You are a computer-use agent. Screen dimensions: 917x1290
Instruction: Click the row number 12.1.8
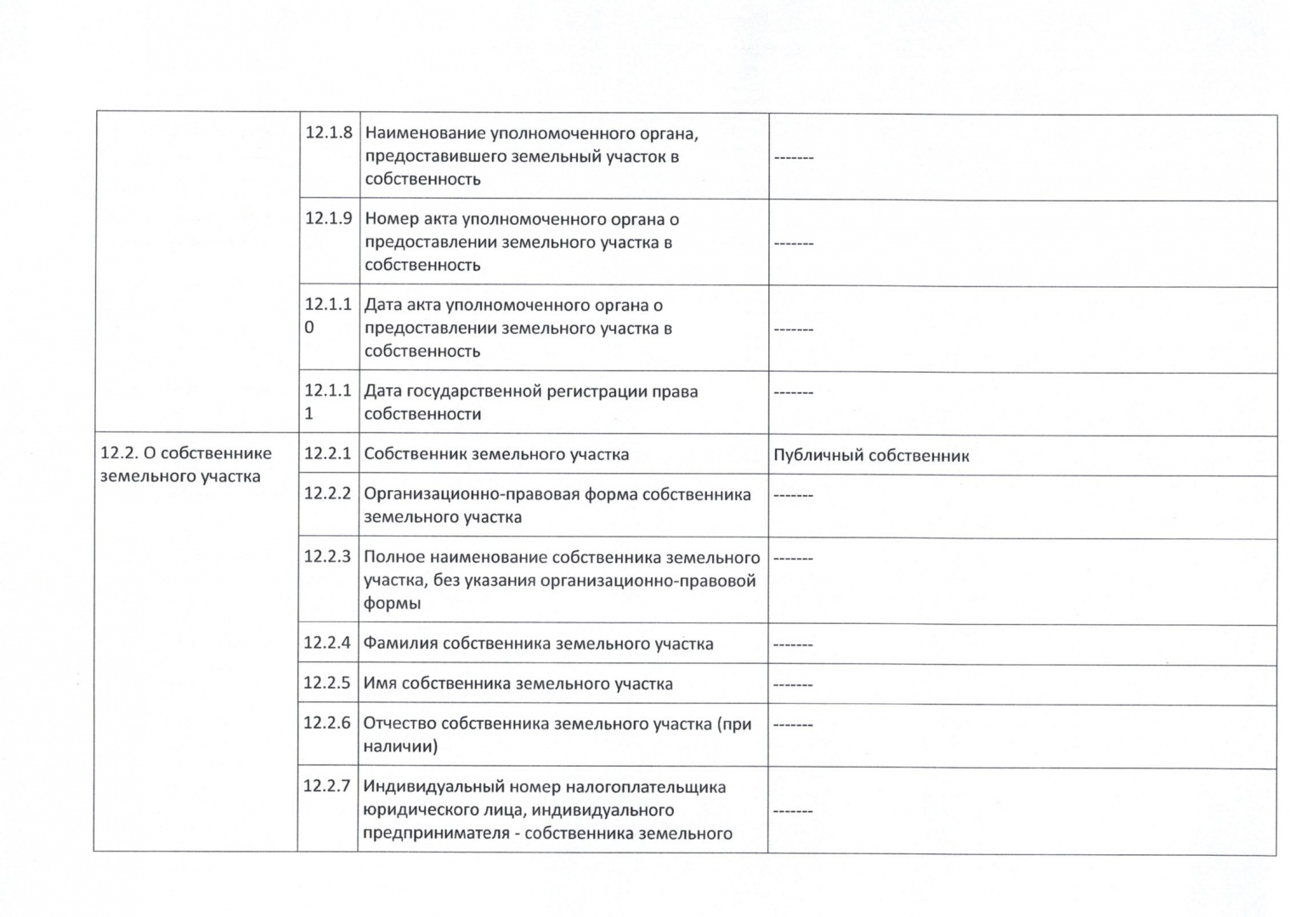[328, 132]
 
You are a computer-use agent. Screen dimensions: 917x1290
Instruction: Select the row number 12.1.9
[328, 218]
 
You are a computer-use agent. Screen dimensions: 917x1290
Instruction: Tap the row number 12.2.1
[327, 453]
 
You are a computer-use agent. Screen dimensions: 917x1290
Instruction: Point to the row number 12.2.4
[327, 643]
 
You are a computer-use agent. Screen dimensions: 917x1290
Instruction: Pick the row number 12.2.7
[327, 786]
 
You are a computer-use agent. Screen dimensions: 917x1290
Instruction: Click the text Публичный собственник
[871, 455]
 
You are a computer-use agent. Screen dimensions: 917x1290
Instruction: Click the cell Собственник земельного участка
[496, 454]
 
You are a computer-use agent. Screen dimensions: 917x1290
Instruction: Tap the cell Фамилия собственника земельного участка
[538, 644]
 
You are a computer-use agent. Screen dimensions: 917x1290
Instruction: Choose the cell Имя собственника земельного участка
[518, 684]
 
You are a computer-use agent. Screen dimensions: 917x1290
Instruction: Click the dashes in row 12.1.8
[793, 158]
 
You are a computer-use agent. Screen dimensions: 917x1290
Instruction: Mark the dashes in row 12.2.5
[792, 684]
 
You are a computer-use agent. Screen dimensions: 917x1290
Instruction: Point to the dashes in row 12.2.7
[792, 811]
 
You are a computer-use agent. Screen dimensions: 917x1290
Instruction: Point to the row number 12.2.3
[327, 557]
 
